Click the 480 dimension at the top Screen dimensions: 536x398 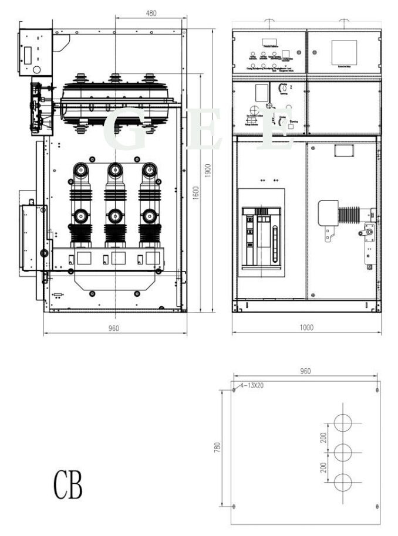click(151, 13)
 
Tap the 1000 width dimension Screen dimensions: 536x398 click(306, 327)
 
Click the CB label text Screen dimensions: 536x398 click(68, 485)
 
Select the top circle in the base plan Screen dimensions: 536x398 click(343, 423)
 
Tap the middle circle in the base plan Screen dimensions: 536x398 click(343, 452)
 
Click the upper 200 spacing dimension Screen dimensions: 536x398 click(323, 437)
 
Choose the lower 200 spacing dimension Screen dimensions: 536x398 click(323, 467)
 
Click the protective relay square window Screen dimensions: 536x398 click(344, 52)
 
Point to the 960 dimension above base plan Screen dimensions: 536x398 click(305, 371)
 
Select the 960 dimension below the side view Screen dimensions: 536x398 click(114, 328)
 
